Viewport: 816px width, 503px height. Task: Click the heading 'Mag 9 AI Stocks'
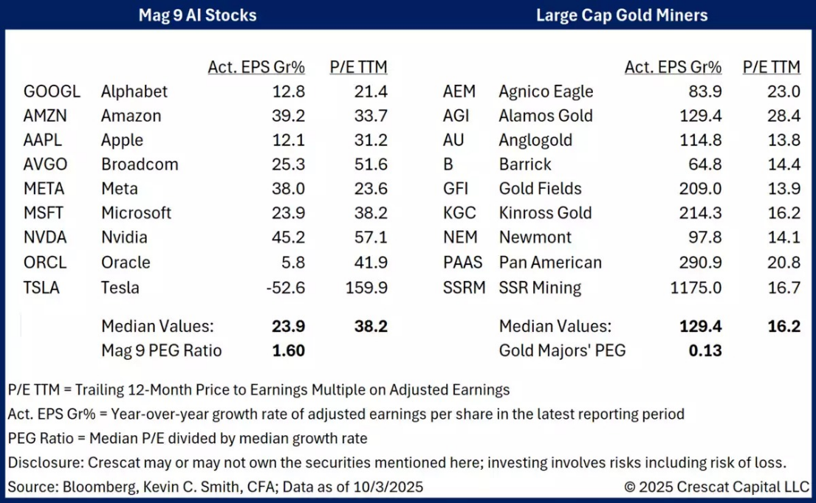point(198,15)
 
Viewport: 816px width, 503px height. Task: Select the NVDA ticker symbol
point(46,237)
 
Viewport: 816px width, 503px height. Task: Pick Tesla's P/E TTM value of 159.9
point(366,287)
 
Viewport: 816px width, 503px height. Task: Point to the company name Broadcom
point(140,164)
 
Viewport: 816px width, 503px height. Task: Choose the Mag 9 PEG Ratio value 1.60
point(289,350)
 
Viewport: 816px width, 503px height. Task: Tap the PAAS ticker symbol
point(462,263)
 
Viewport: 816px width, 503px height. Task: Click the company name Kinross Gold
point(545,213)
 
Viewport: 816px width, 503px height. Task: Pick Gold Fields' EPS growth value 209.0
point(701,189)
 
